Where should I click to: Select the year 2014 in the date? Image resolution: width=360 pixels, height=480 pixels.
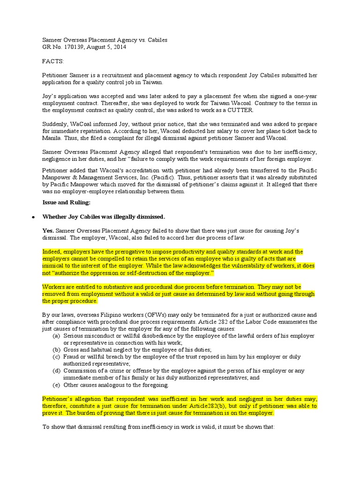[119, 47]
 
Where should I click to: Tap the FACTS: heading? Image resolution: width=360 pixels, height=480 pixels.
[53, 61]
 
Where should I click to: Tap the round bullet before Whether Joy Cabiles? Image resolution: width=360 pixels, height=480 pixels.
[33, 217]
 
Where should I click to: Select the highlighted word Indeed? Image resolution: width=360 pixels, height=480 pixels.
[52, 252]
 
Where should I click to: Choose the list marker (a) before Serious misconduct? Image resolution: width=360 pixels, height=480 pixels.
[56, 336]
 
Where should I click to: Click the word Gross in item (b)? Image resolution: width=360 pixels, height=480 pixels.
[72, 350]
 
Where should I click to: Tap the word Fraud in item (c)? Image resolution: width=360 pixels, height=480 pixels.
[72, 357]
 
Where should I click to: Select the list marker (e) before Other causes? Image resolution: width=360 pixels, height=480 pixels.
[56, 385]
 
